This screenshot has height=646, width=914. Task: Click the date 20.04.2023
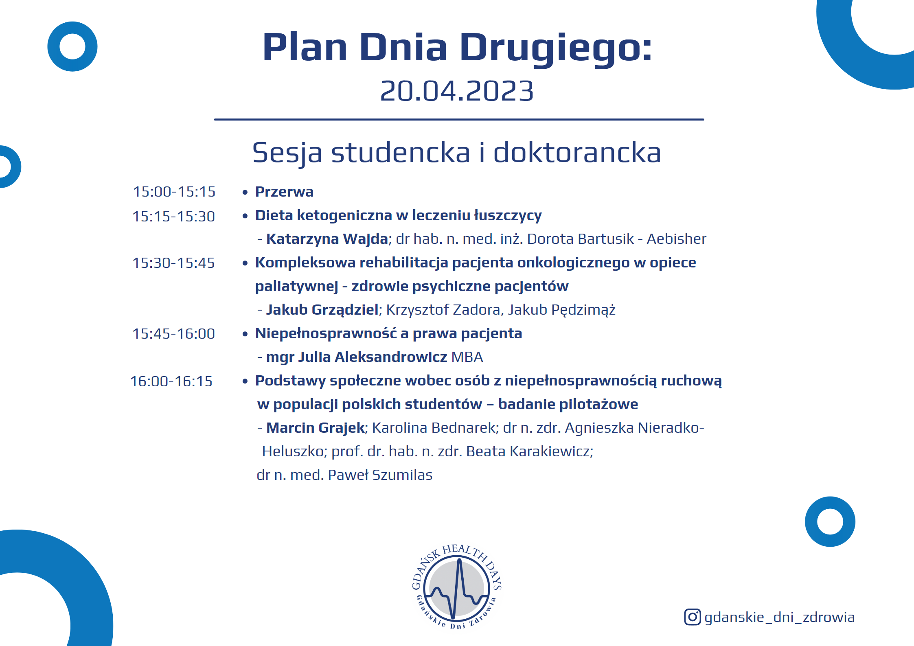coord(456,91)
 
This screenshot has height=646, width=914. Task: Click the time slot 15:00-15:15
coord(174,192)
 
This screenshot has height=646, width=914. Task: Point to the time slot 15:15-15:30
coord(174,217)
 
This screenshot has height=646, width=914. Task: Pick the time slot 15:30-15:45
coord(173,263)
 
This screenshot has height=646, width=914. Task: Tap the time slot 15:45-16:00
coord(173,334)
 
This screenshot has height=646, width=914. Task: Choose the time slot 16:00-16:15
coord(171,381)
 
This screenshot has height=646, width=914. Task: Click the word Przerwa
coord(284,192)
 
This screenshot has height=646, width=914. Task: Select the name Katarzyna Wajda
coord(327,239)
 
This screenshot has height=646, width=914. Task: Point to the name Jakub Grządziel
coord(322,310)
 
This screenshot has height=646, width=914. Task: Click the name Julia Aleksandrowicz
coord(373,357)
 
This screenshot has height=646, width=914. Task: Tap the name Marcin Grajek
coord(316,428)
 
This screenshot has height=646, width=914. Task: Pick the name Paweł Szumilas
coord(380,475)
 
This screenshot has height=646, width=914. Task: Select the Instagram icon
coord(692,617)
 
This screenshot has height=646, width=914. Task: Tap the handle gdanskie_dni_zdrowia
coord(779,618)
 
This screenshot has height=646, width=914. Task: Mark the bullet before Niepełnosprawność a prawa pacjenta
coord(245,334)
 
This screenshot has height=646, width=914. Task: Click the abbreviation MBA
coord(467,357)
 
